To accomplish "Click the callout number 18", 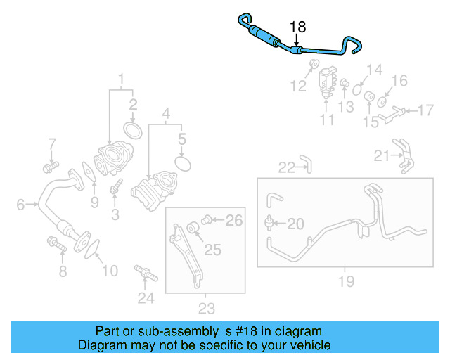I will pyautogui.click(x=298, y=27).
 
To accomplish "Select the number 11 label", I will pyautogui.click(x=327, y=120).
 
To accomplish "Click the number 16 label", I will pyautogui.click(x=399, y=81).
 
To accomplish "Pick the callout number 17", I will pyautogui.click(x=425, y=110).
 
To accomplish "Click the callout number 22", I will pyautogui.click(x=286, y=167).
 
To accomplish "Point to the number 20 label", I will pyautogui.click(x=295, y=224).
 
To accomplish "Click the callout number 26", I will pyautogui.click(x=233, y=221).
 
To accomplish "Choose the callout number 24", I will pyautogui.click(x=145, y=298).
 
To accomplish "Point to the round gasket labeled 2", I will pyautogui.click(x=131, y=130).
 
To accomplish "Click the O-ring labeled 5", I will pyautogui.click(x=183, y=163).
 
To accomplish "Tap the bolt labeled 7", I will pyautogui.click(x=49, y=167).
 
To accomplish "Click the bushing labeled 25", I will pyautogui.click(x=193, y=229).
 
